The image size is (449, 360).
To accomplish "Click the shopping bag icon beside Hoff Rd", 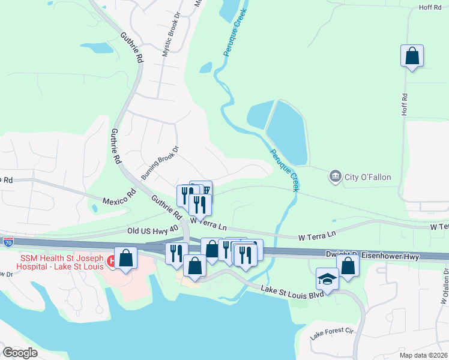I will pyautogui.click(x=412, y=56).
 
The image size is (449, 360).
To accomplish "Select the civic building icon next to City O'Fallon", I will pyautogui.click(x=334, y=176).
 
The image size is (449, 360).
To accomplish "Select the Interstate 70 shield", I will pyautogui.click(x=8, y=242).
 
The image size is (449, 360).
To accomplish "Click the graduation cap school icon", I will pyautogui.click(x=327, y=278).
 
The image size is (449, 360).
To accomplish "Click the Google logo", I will pyautogui.click(x=20, y=353).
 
